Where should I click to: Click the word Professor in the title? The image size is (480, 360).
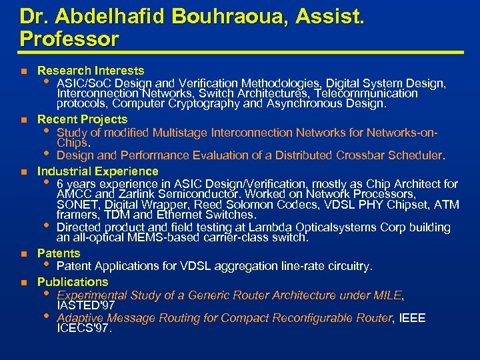coord(69,39)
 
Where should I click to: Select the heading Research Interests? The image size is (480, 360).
coord(91,71)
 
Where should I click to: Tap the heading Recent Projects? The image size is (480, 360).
coord(82,119)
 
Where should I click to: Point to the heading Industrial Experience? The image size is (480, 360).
coord(97,171)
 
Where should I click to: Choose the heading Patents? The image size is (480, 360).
coord(59,253)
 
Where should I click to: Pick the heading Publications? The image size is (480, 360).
coord(73,282)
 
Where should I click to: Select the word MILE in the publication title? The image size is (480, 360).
coord(388,295)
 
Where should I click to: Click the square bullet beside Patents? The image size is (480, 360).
coord(24,254)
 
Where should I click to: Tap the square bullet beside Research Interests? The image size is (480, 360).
coord(24,71)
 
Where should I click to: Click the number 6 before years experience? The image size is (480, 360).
coord(61,184)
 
